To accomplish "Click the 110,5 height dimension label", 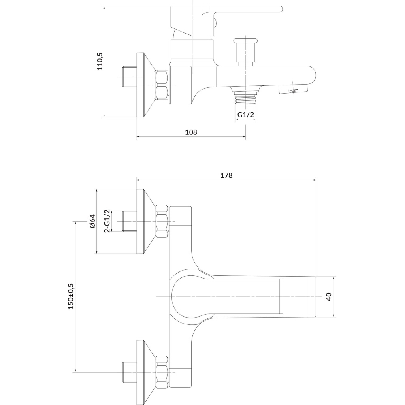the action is coord(100,62).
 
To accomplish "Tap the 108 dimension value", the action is coord(191,132).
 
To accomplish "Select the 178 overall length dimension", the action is coord(226,175).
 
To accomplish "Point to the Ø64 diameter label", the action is coord(92,221).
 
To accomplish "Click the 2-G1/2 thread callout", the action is coord(107,221).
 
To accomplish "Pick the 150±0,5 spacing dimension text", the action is coord(71,296).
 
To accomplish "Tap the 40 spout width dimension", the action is coord(328,296).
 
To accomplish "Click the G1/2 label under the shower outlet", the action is coord(245,115).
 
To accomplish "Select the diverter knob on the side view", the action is coord(245,52).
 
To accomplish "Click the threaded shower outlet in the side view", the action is coord(245,97).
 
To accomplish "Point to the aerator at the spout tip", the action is coord(293,89).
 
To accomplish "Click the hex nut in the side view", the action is coord(162,85).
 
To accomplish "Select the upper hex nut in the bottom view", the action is coord(162,221).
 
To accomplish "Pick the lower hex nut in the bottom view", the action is coord(162,372).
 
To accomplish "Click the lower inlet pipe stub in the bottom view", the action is coord(130,372).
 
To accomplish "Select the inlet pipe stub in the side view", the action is coord(130,77).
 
